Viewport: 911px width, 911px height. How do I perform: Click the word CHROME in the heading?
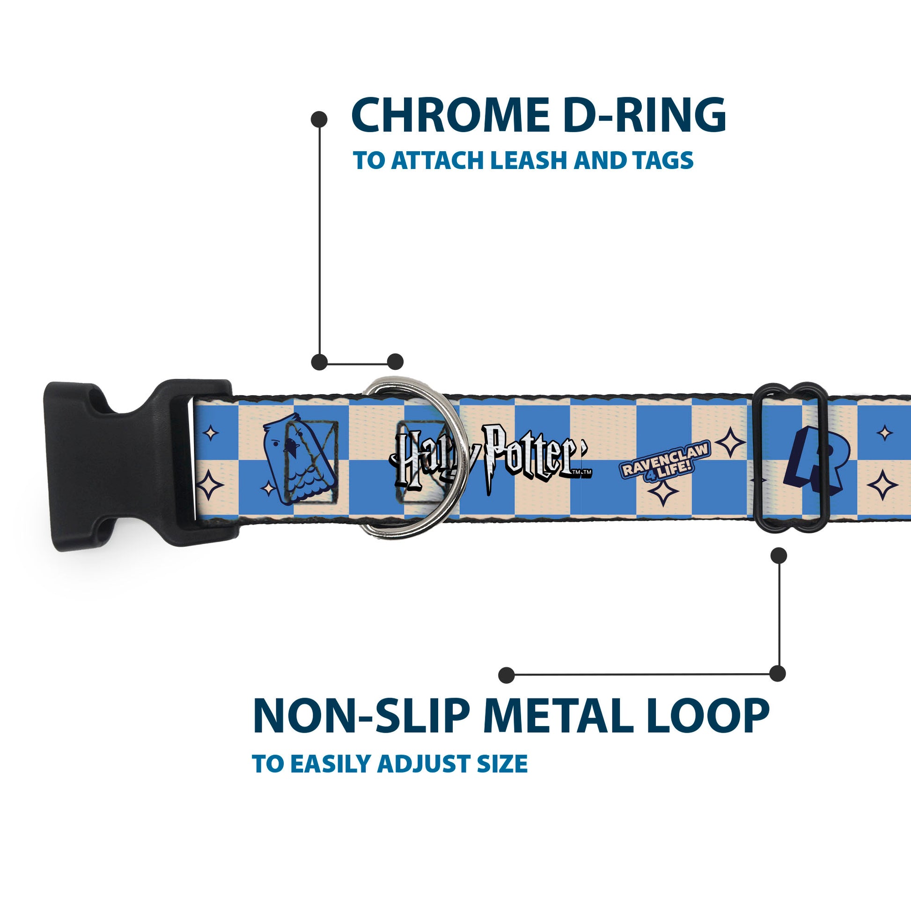(450, 116)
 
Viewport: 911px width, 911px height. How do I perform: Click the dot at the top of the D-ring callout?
(319, 119)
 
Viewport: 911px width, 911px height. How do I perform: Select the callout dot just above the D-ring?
(395, 362)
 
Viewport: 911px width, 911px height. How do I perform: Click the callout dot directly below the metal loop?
(779, 556)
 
